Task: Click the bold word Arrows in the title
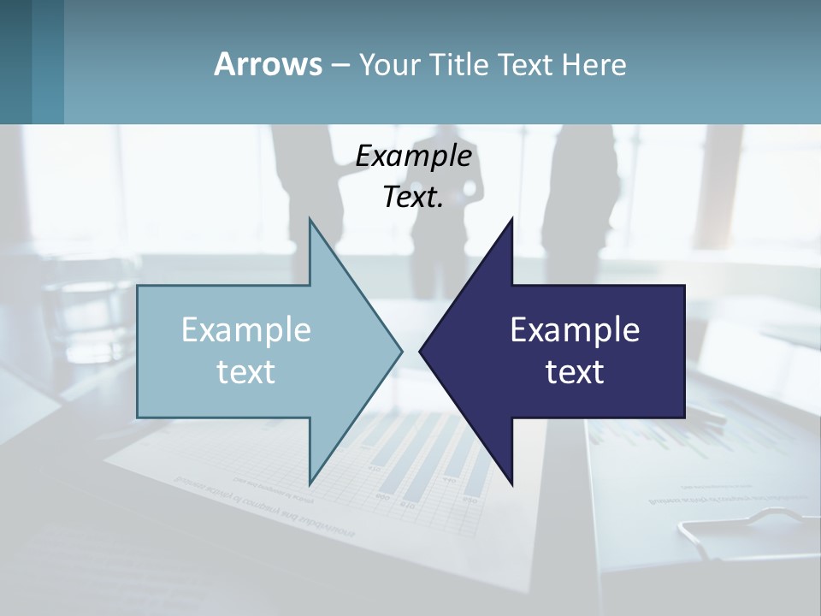[x=267, y=64]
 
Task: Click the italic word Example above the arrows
[x=414, y=157]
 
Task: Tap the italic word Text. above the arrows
[x=414, y=198]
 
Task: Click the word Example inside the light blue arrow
[x=246, y=330]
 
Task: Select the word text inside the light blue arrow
[x=246, y=372]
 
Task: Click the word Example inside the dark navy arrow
[x=575, y=330]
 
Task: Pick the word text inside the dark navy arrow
[x=575, y=372]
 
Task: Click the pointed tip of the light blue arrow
[x=400, y=351]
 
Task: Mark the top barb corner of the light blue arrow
[x=310, y=221]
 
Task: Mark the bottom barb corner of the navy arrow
[x=511, y=483]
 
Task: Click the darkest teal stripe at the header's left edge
[x=15, y=62]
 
